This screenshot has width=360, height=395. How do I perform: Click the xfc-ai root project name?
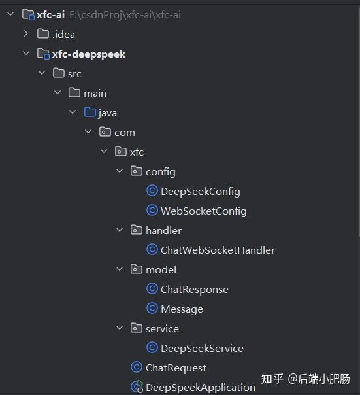point(50,14)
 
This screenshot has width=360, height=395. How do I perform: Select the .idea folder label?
point(63,34)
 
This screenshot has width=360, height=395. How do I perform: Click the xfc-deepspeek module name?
point(89,54)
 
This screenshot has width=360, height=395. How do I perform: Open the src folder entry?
point(74,73)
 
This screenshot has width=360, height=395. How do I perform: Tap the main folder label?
point(95,93)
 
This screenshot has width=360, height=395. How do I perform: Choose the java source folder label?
point(107,112)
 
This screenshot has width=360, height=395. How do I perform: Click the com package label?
point(124,132)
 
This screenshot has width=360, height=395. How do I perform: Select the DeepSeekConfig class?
point(200,191)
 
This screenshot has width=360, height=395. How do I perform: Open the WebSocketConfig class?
point(203,211)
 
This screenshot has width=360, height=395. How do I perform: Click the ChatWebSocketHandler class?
point(218,250)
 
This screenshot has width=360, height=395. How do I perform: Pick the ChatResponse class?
point(194,289)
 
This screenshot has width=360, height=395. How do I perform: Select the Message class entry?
point(182,309)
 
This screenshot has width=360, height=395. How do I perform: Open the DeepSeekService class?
point(202,348)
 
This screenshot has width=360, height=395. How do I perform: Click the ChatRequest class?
point(176,368)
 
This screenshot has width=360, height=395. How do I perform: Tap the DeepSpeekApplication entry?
point(200,387)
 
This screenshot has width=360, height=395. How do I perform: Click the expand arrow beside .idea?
point(25,34)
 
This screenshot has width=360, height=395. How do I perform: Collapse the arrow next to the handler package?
point(120,230)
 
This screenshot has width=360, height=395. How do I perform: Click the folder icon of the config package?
point(137,171)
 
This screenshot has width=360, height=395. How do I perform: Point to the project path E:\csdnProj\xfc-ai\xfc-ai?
point(125,14)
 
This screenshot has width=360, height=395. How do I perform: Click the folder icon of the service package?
point(137,328)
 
